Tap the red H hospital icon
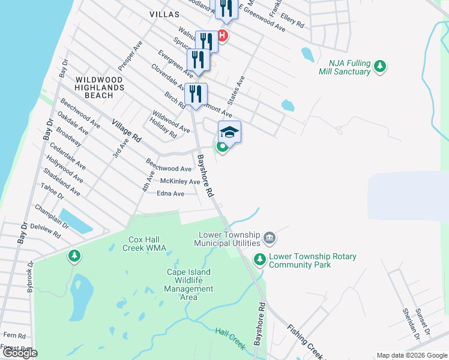coord(223,36)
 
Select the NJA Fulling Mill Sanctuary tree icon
coord(379,67)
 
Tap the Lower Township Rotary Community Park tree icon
coord(259,260)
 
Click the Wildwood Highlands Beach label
coord(99,88)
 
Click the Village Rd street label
coord(126,130)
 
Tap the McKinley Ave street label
coord(180,181)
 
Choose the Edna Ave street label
coord(170,194)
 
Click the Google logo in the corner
coord(19,353)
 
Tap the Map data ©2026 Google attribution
coord(411,355)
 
